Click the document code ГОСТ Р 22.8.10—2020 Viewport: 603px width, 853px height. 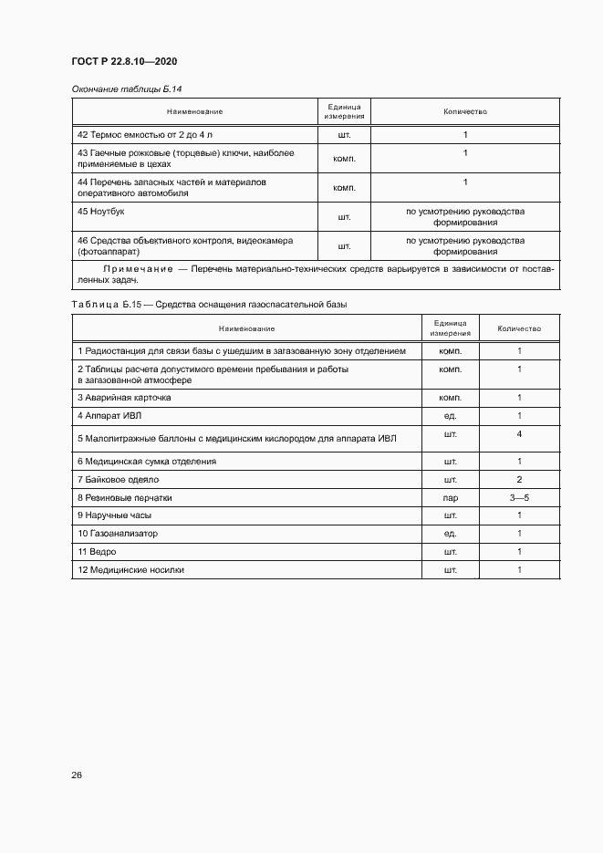coord(124,61)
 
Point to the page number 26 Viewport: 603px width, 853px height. coord(77,775)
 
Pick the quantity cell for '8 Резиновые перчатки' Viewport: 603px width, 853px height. coord(519,498)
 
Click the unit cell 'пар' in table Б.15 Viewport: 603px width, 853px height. coord(450,499)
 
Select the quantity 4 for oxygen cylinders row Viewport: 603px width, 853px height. coord(519,434)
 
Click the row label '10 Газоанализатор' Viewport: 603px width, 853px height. coord(118,534)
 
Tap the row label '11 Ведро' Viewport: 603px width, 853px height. coord(98,552)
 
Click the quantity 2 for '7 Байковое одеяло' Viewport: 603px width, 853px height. coord(519,479)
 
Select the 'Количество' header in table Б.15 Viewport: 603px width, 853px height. coord(519,328)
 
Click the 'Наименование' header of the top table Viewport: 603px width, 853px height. coord(194,111)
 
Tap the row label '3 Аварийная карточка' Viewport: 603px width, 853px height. coord(124,398)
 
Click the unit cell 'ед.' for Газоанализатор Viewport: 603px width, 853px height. coord(450,534)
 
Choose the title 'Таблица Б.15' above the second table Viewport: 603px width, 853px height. coord(102,304)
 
